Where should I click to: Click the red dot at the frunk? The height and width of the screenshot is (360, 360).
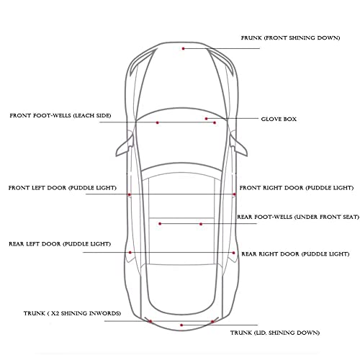(183, 48)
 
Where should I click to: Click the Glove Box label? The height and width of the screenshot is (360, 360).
(279, 119)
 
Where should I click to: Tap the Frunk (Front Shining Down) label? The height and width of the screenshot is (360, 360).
(290, 38)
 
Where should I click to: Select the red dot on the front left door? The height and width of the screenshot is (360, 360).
(130, 194)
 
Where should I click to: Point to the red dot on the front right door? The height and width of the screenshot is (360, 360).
(235, 194)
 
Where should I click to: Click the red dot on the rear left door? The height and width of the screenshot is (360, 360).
(130, 253)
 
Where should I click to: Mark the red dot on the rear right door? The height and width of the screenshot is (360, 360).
(233, 253)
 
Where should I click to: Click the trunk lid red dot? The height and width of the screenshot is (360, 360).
(181, 325)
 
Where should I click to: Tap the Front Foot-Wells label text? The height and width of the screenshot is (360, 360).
(60, 116)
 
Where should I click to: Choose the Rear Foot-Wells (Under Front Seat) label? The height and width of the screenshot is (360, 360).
(298, 217)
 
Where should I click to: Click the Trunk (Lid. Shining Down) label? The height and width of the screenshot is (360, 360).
(275, 333)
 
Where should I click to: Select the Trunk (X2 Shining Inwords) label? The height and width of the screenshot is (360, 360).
(72, 313)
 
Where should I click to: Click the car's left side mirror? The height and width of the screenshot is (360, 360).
(125, 145)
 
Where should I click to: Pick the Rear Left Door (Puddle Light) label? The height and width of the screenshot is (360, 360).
(60, 244)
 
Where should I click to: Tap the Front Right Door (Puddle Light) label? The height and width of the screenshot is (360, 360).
(297, 188)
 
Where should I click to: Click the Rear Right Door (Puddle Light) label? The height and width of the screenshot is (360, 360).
(295, 254)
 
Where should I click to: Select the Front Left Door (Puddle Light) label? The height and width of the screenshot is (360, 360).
(63, 188)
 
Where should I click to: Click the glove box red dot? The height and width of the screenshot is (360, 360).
(206, 119)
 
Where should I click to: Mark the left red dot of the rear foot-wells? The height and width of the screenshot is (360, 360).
(160, 224)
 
